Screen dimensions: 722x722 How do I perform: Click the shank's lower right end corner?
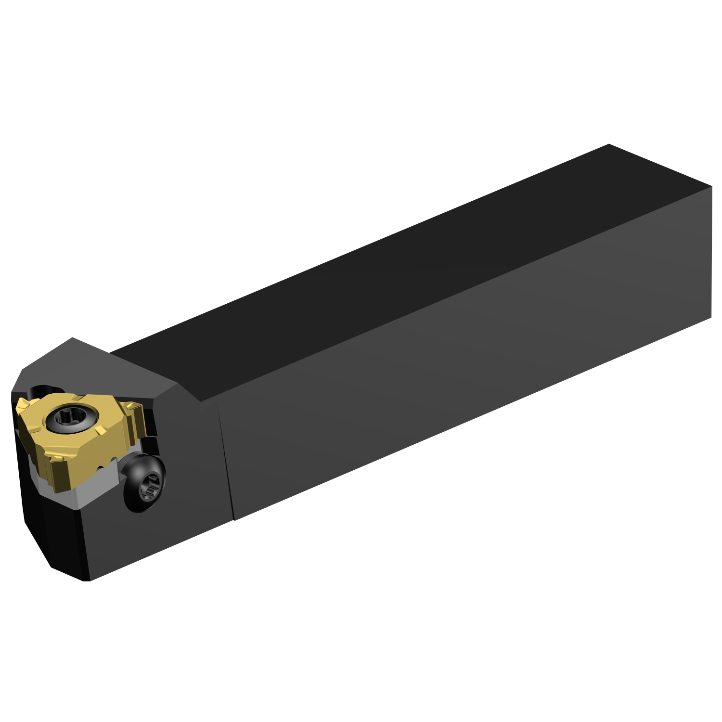711,317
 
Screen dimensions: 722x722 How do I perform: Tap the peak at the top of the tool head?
72,338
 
